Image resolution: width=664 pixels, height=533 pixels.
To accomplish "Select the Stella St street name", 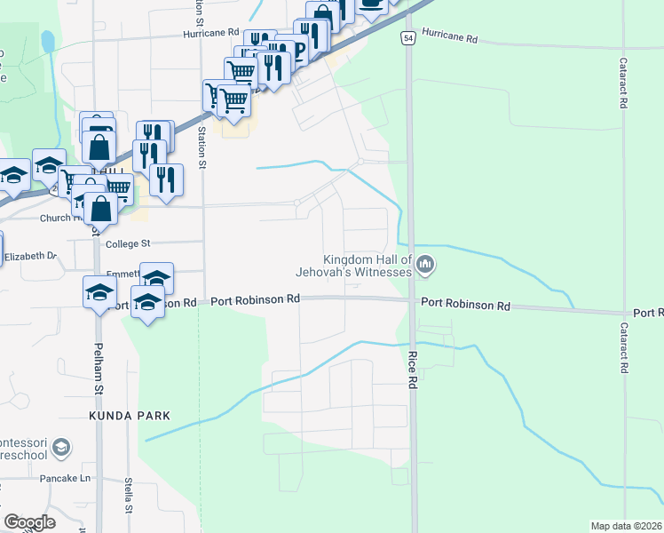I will (x=129, y=496).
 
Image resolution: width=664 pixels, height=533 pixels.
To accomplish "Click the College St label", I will (x=129, y=243).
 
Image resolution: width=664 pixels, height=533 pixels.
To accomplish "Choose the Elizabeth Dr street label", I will (x=30, y=256).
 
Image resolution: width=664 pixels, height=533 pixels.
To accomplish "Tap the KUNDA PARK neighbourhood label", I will (x=128, y=416).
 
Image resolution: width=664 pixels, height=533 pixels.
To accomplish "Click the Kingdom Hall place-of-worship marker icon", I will (x=426, y=263).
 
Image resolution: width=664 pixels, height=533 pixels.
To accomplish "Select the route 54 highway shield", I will (x=407, y=39).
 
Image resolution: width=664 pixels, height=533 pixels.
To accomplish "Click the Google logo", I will (x=29, y=522).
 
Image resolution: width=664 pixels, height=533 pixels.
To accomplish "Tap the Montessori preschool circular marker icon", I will (x=61, y=446).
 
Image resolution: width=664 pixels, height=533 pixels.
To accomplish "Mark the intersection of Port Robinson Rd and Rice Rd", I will (x=413, y=301).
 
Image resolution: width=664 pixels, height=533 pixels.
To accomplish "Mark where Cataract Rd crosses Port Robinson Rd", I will (x=625, y=313).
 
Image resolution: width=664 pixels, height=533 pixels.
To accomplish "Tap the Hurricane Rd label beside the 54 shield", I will (x=450, y=39).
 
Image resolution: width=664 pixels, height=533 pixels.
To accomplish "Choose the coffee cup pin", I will (x=372, y=4).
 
